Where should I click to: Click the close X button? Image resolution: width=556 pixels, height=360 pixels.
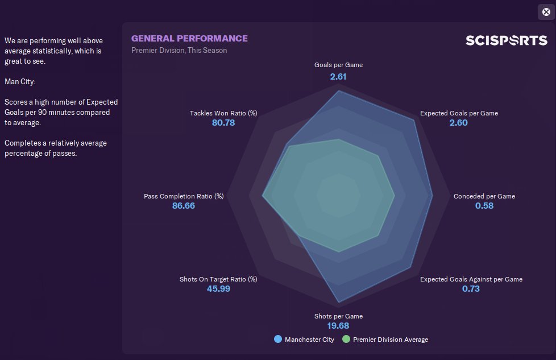pyautogui.click(x=546, y=12)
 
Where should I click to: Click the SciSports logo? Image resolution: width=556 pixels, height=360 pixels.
pyautogui.click(x=506, y=40)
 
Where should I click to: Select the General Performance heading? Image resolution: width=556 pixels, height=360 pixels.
pyautogui.click(x=189, y=39)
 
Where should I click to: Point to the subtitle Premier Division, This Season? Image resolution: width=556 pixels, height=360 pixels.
pyautogui.click(x=179, y=51)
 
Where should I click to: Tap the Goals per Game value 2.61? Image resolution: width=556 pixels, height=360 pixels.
pyautogui.click(x=338, y=76)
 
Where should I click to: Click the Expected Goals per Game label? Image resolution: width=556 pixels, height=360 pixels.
pyautogui.click(x=459, y=113)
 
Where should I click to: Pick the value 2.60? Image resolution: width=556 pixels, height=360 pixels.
pyautogui.click(x=458, y=123)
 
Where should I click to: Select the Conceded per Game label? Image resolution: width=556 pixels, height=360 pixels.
pyautogui.click(x=484, y=196)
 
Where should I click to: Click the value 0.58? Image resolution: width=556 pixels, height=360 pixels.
pyautogui.click(x=484, y=206)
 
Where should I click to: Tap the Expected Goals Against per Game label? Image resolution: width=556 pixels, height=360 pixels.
pyautogui.click(x=471, y=279)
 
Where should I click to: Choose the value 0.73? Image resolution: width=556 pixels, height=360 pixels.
pyautogui.click(x=471, y=289)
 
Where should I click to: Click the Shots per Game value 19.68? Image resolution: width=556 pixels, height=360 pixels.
pyautogui.click(x=338, y=326)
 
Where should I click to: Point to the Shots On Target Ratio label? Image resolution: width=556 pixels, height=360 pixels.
pyautogui.click(x=218, y=279)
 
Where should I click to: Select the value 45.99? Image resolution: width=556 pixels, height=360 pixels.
pyautogui.click(x=218, y=289)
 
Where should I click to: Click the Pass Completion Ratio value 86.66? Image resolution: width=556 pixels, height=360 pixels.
pyautogui.click(x=184, y=206)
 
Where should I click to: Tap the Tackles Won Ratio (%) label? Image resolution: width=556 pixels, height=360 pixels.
pyautogui.click(x=223, y=113)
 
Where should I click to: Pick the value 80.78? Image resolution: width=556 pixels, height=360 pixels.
pyautogui.click(x=223, y=123)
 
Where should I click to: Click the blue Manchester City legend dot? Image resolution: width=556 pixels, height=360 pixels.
pyautogui.click(x=278, y=340)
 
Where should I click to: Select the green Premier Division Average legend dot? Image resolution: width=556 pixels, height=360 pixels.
pyautogui.click(x=346, y=340)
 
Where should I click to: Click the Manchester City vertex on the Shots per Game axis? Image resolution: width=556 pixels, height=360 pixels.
pyautogui.click(x=339, y=302)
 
